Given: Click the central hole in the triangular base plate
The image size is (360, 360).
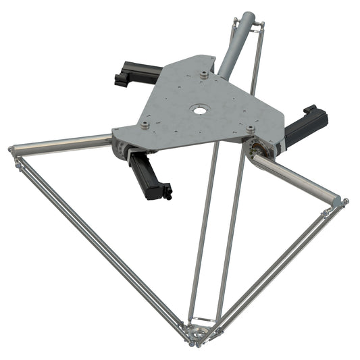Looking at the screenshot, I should tap(199, 108).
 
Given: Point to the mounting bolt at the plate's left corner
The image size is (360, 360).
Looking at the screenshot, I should tap(144, 124).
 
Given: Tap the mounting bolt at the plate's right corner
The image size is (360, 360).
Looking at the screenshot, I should tap(251, 128).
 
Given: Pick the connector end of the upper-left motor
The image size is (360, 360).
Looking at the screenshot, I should tap(120, 79).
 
